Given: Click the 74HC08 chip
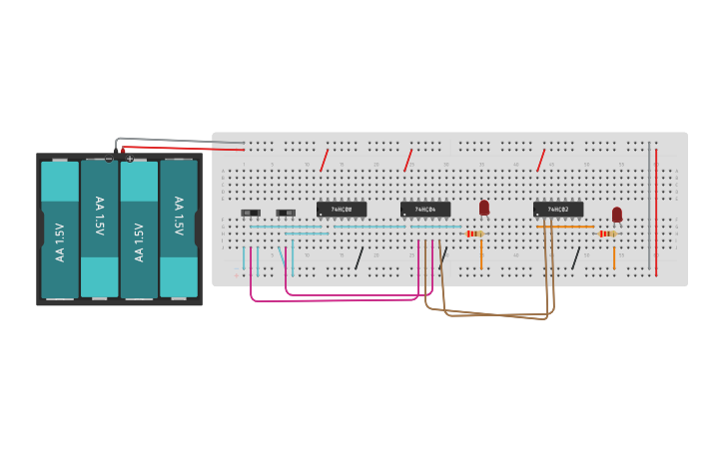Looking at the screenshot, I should click(x=341, y=209).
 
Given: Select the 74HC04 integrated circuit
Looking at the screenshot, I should click(x=424, y=209).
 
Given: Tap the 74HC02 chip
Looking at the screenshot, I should click(x=557, y=209).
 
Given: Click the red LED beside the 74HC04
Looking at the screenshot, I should click(x=484, y=208).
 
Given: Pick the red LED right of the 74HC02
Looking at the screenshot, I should click(x=617, y=214).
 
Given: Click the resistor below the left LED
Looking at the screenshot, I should click(x=474, y=233).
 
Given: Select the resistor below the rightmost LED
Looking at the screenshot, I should click(x=606, y=233).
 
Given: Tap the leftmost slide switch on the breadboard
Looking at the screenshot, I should click(x=251, y=213).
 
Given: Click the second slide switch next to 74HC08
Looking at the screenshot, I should click(x=286, y=213).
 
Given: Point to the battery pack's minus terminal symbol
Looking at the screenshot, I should click(x=109, y=159).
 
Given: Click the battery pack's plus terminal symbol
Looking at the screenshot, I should click(x=129, y=159).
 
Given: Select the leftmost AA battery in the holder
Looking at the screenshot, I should click(x=60, y=229).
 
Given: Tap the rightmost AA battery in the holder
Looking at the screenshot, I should click(x=179, y=229).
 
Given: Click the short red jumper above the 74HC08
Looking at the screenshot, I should click(x=324, y=160).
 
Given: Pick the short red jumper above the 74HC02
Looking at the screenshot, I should click(x=541, y=160).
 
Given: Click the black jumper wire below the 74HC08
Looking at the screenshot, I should click(x=359, y=258).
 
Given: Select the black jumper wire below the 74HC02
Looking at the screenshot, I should click(x=575, y=258).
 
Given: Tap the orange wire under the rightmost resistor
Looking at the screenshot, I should click(x=614, y=257).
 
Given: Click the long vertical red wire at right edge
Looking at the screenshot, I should click(x=656, y=210).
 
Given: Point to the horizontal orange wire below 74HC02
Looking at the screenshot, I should click(x=565, y=226).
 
